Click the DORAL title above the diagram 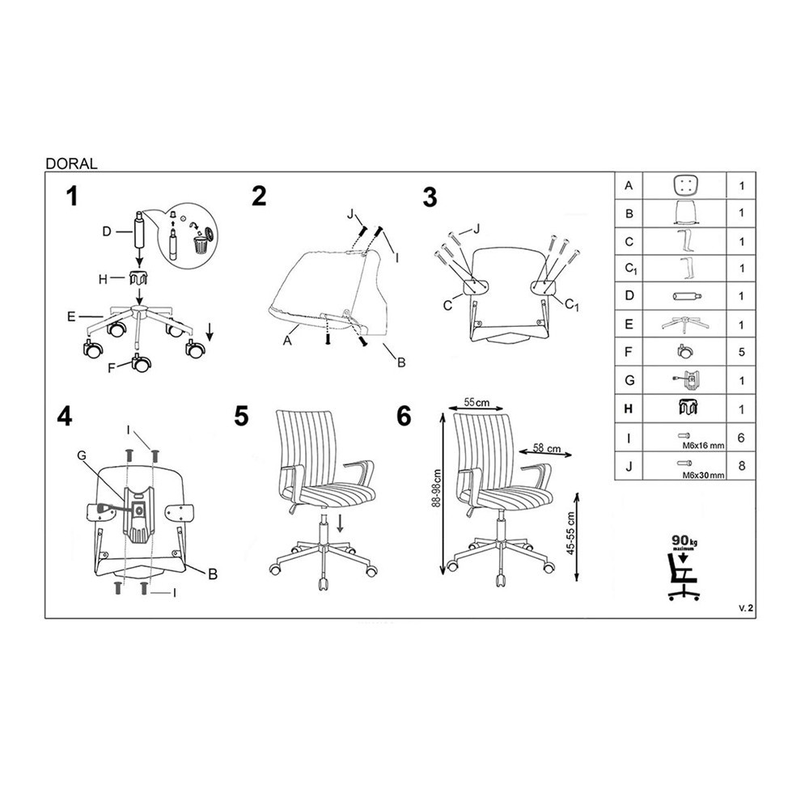coord(71,163)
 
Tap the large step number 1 coord(72,197)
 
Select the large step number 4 coord(65,417)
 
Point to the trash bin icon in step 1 coord(200,244)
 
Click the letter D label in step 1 coord(107,231)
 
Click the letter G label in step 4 coord(82,455)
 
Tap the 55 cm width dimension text coord(477,402)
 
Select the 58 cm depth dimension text coord(547,448)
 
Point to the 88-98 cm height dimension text coord(437,489)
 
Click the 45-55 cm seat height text coord(570,533)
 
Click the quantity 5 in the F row coord(741,353)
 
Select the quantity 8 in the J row coord(741,466)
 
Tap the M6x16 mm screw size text coord(703,446)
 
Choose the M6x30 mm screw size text coord(703,475)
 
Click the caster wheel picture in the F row coord(685,352)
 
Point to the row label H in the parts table coord(629,409)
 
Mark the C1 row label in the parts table coord(630,269)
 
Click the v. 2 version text coord(746,608)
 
